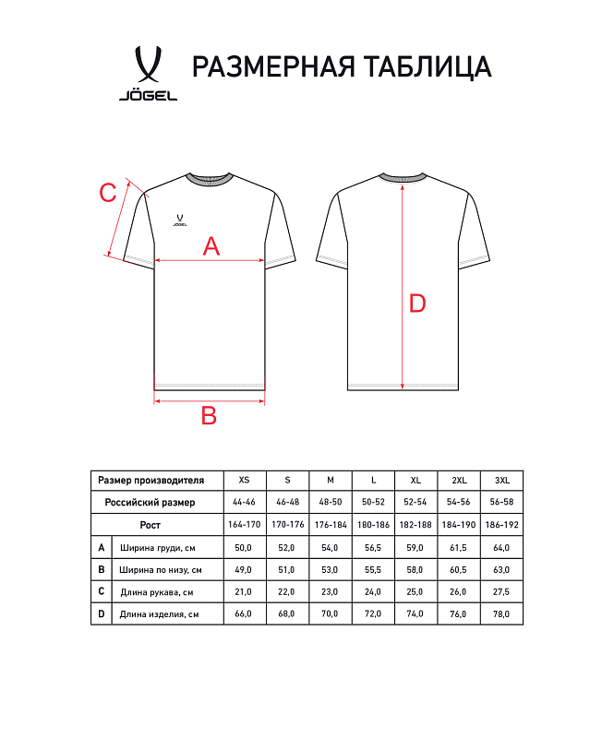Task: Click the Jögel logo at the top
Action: click(x=148, y=72)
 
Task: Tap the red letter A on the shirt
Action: click(x=211, y=245)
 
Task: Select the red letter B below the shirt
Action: click(x=209, y=416)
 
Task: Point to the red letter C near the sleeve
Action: click(x=108, y=194)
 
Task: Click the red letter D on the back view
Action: click(x=417, y=303)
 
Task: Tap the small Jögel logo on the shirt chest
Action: click(x=180, y=220)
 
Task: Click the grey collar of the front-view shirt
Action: click(x=209, y=179)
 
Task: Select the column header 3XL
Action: click(x=502, y=480)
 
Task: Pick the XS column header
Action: click(x=244, y=480)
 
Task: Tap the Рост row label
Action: click(x=150, y=524)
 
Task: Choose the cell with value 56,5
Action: click(x=373, y=547)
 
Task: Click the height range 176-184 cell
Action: click(x=331, y=524)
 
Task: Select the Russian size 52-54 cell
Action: click(x=416, y=502)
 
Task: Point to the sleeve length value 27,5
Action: click(x=502, y=591)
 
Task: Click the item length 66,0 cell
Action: click(x=244, y=613)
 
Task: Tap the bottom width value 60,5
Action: click(x=459, y=569)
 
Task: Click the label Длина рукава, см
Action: click(x=156, y=591)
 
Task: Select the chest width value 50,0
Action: click(x=244, y=547)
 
